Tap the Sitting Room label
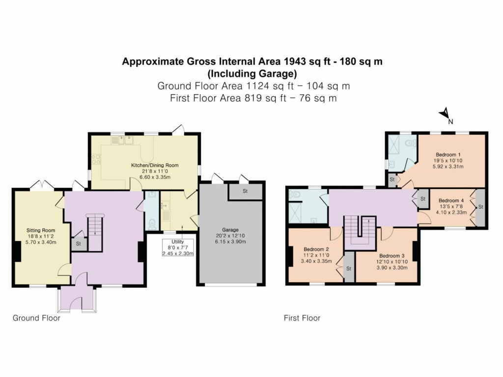click(41, 230)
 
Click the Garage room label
click(230, 230)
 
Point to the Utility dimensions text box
click(178, 247)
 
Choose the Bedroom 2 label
click(316, 249)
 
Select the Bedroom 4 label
click(450, 200)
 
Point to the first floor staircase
click(360, 231)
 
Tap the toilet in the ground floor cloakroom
click(152, 224)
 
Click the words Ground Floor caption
click(36, 318)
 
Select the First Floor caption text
click(302, 318)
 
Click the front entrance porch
click(77, 299)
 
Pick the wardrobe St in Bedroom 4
click(480, 207)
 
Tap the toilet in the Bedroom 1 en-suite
click(409, 142)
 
